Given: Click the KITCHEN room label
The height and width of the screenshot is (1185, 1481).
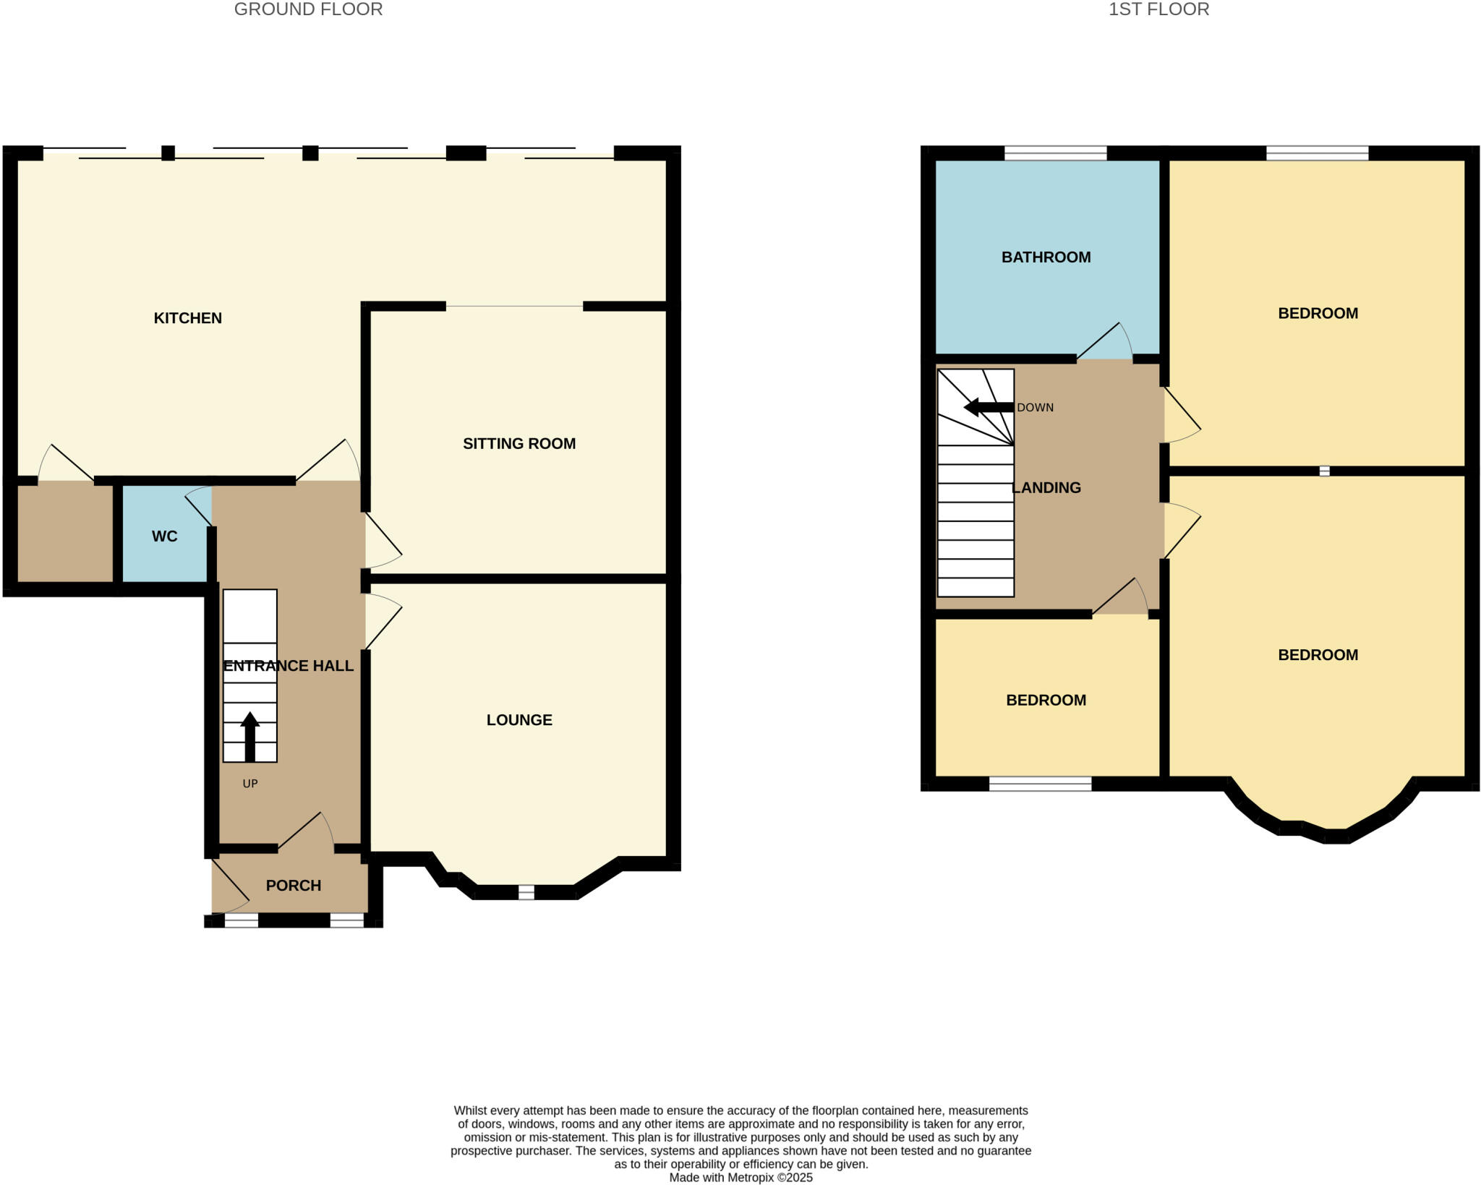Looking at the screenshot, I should coord(187,318).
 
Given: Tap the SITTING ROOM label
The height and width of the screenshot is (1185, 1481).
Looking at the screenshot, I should coord(519,444).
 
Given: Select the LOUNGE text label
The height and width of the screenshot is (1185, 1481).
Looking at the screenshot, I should coord(519,720).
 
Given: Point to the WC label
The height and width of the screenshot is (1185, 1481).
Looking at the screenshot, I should coord(164,536).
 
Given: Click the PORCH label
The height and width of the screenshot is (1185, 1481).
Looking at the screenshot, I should coord(293,886).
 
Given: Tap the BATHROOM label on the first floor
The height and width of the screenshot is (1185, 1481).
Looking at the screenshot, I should coord(1046,257).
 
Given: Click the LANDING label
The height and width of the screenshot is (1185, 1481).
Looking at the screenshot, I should coord(1046,488).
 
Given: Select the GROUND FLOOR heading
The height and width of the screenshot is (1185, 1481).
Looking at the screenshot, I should coord(308,9).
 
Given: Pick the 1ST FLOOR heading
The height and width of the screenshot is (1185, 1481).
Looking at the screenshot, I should coord(1158,9).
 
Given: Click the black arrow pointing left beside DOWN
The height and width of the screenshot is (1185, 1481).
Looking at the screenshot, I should coord(988,407).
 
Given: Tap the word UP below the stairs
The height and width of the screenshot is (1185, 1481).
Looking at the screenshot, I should coord(249,784).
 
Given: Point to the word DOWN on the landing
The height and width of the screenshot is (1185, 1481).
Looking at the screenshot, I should coord(1035,408).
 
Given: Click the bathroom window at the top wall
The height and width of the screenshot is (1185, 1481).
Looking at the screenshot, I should coord(1055,153).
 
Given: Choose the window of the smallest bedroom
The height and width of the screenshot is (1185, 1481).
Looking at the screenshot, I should coord(1040,784).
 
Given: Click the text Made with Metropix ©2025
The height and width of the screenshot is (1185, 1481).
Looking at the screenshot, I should coord(740,1178).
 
